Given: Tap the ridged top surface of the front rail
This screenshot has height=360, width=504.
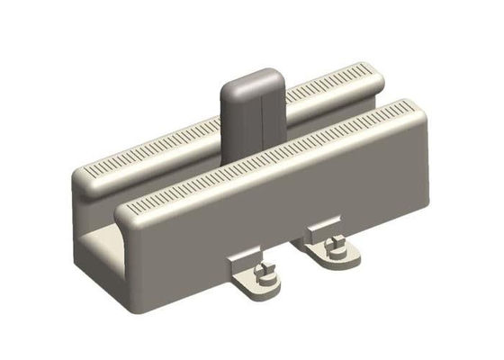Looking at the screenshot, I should [270, 158].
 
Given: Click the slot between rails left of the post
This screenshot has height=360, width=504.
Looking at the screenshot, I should [171, 180].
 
